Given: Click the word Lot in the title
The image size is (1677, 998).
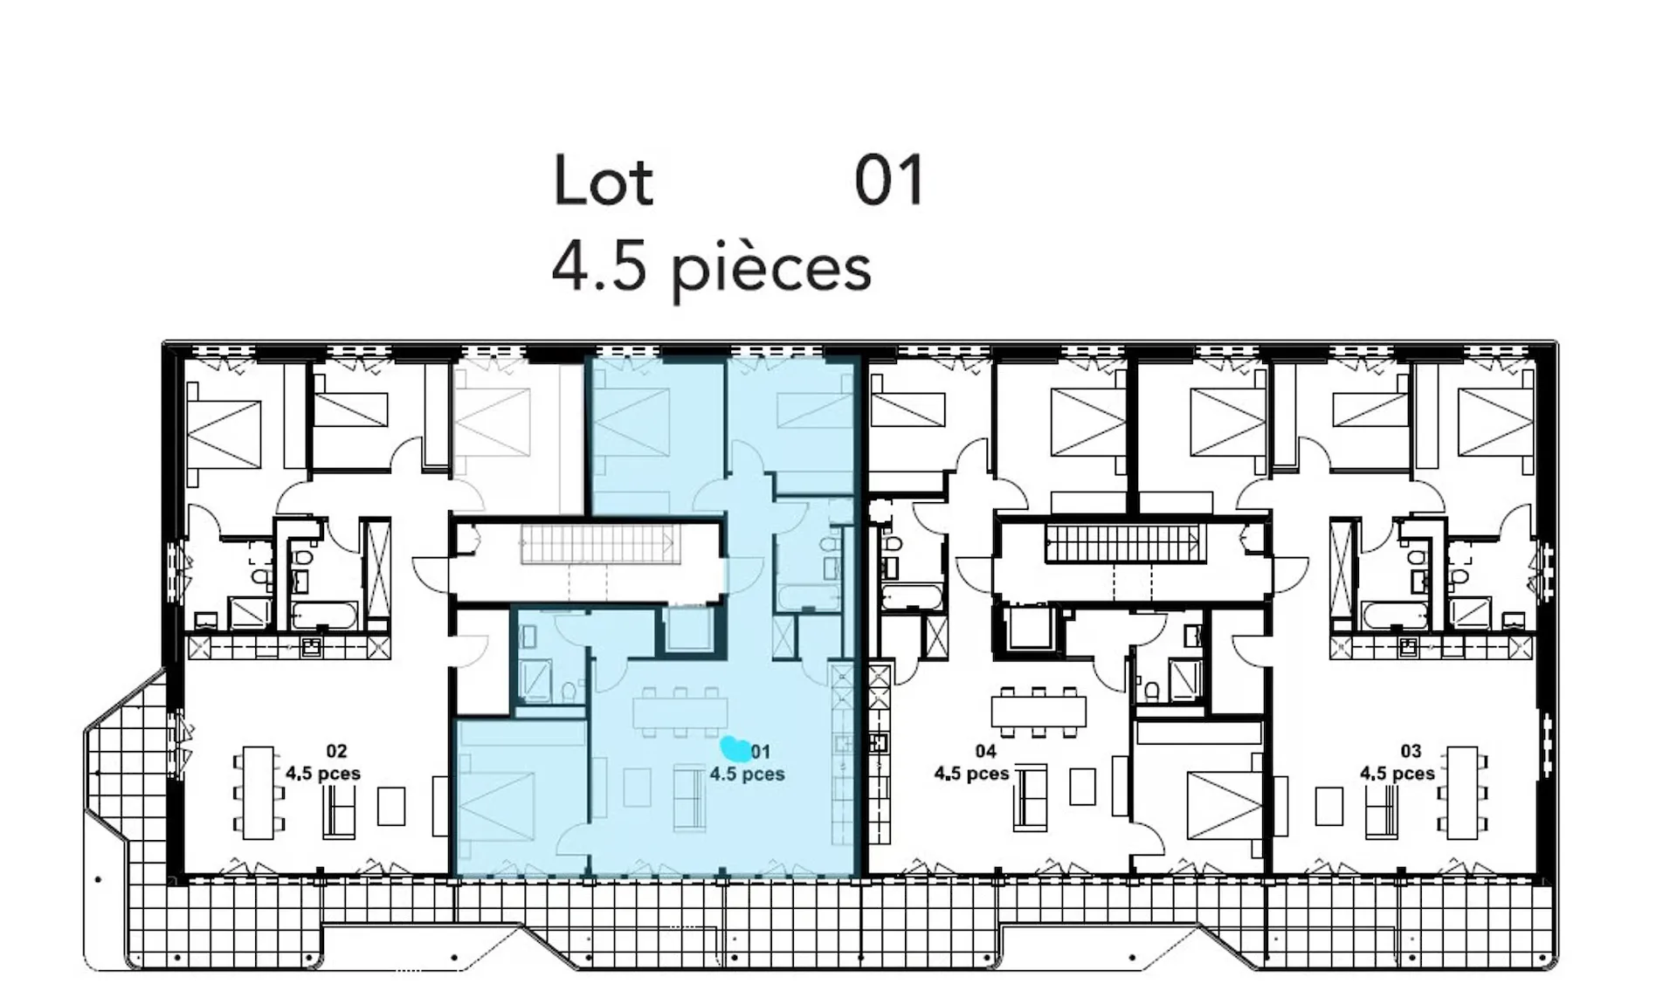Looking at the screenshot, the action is [604, 181].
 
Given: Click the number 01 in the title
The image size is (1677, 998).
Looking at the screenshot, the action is [889, 181].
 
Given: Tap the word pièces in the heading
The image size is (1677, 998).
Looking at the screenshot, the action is [771, 270].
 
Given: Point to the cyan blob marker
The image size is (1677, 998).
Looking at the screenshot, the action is [735, 748].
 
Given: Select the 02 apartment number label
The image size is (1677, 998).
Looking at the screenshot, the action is [336, 751].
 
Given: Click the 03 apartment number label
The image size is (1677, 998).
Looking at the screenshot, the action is [1411, 751].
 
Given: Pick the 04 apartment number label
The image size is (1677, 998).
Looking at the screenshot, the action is [985, 751].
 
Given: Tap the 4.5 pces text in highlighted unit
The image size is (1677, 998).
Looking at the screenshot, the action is [747, 774].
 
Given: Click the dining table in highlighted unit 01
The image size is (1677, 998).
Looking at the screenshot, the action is [680, 712].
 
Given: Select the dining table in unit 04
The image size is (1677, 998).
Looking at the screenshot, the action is [1039, 712].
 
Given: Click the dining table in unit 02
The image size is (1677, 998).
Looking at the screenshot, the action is [259, 793].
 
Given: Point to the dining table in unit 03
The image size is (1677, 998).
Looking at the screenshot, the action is [1462, 793].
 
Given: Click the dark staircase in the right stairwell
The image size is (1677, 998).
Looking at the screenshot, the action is [1126, 543].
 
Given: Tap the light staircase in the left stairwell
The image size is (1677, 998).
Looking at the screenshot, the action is [600, 544].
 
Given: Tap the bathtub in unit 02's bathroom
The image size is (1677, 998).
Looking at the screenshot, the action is [322, 615].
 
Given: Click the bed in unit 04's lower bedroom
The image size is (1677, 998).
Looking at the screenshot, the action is [1224, 806].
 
